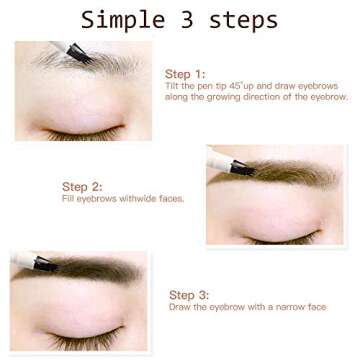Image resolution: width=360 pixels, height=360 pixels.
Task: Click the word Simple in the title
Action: (119, 19)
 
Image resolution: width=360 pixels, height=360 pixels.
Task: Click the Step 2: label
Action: (81, 186)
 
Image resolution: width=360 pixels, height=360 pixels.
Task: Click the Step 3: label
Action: (189, 295)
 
